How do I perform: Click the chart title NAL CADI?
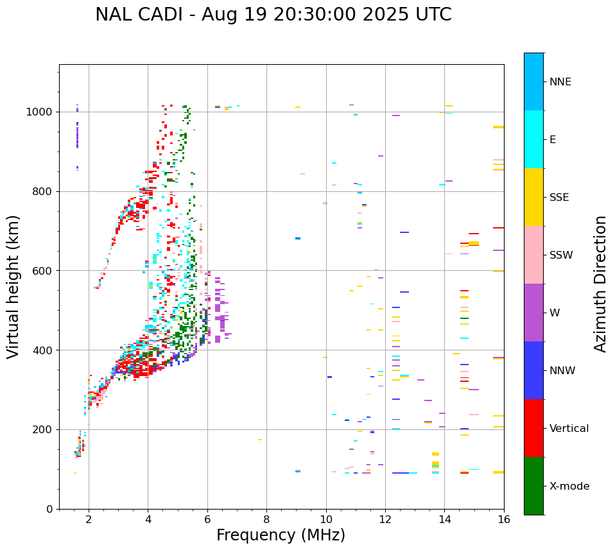point(273,15)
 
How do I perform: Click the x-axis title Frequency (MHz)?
point(281,535)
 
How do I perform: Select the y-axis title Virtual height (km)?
point(13,286)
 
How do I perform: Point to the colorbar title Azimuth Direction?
point(600,284)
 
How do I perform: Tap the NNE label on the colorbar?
point(560,82)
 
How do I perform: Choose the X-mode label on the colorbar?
point(569,486)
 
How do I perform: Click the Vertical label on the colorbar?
point(569,429)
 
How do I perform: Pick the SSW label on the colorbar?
point(561,255)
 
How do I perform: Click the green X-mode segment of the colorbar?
point(533,486)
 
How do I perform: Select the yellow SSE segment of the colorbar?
point(533,197)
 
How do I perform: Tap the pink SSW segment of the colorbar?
point(533,255)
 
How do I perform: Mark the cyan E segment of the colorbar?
point(533,139)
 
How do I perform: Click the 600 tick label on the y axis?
point(42,271)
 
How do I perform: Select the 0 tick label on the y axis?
point(49,509)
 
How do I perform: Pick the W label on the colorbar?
point(554,313)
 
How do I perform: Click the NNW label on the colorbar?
point(562,371)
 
